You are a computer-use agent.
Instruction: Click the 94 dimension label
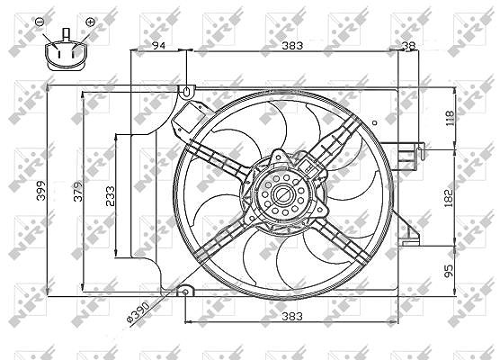(158, 46)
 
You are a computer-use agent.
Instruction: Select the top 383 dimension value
(292, 46)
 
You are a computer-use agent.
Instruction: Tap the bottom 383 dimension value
(292, 316)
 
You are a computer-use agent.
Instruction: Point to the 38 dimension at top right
(409, 46)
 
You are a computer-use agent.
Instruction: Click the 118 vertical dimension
(449, 118)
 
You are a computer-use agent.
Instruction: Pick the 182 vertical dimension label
(449, 198)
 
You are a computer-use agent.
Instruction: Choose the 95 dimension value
(449, 271)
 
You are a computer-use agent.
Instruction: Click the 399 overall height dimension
(41, 191)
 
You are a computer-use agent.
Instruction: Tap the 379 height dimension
(78, 191)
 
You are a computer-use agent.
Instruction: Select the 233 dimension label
(110, 196)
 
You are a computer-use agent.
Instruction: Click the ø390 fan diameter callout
(138, 313)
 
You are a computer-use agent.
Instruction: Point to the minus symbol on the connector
(40, 22)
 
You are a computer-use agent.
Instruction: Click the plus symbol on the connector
(91, 22)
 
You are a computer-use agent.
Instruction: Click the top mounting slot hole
(186, 92)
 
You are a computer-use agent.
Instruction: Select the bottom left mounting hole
(185, 292)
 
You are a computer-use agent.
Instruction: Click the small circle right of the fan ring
(375, 122)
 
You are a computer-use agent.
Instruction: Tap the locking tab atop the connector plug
(66, 34)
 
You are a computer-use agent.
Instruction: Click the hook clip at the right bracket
(421, 151)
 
